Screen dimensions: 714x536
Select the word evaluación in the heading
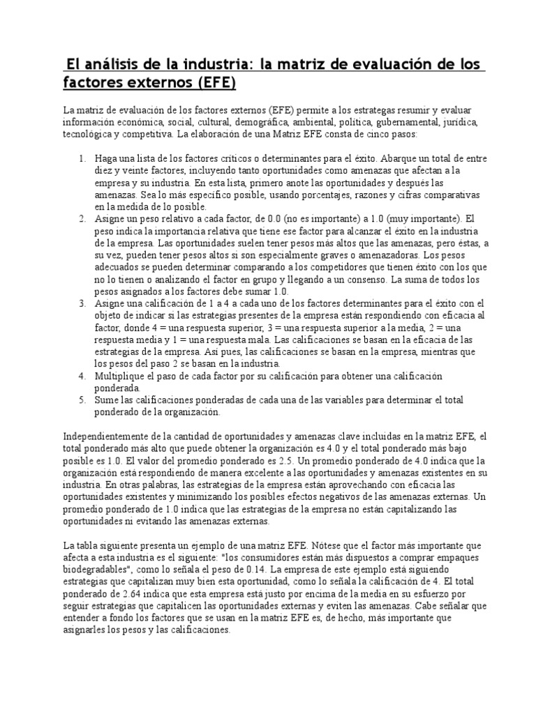coord(372,65)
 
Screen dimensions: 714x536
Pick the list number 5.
coord(82,401)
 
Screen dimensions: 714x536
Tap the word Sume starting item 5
coord(108,401)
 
